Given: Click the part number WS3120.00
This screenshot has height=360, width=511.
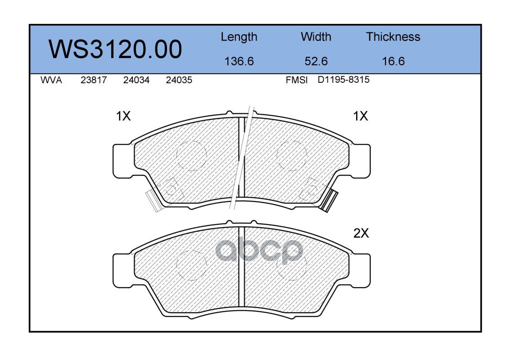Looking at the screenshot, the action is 115,49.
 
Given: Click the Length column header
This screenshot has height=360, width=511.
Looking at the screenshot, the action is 239,37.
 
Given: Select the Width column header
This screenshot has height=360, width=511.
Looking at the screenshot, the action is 316,36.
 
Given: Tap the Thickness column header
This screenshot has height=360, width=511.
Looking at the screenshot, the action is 393,36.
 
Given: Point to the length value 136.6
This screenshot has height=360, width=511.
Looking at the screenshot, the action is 239,61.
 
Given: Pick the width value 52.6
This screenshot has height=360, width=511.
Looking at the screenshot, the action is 316,61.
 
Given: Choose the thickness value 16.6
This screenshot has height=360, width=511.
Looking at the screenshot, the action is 393,61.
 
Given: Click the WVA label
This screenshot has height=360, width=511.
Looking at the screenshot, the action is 51,80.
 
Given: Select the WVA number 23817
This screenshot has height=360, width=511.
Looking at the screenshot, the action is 94,80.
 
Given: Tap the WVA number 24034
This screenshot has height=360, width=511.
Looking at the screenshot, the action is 136,80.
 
